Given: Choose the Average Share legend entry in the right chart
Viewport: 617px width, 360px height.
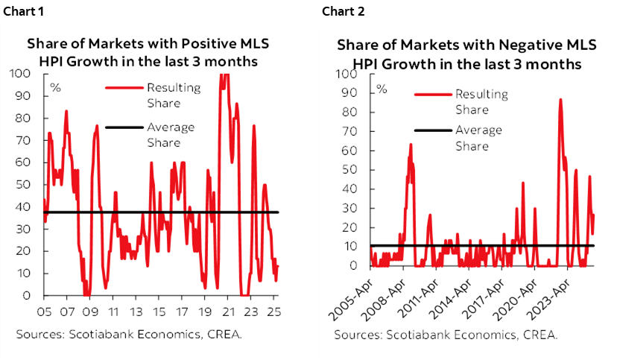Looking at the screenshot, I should (479, 138).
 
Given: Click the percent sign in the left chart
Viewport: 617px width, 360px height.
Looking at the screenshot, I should (54, 87).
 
